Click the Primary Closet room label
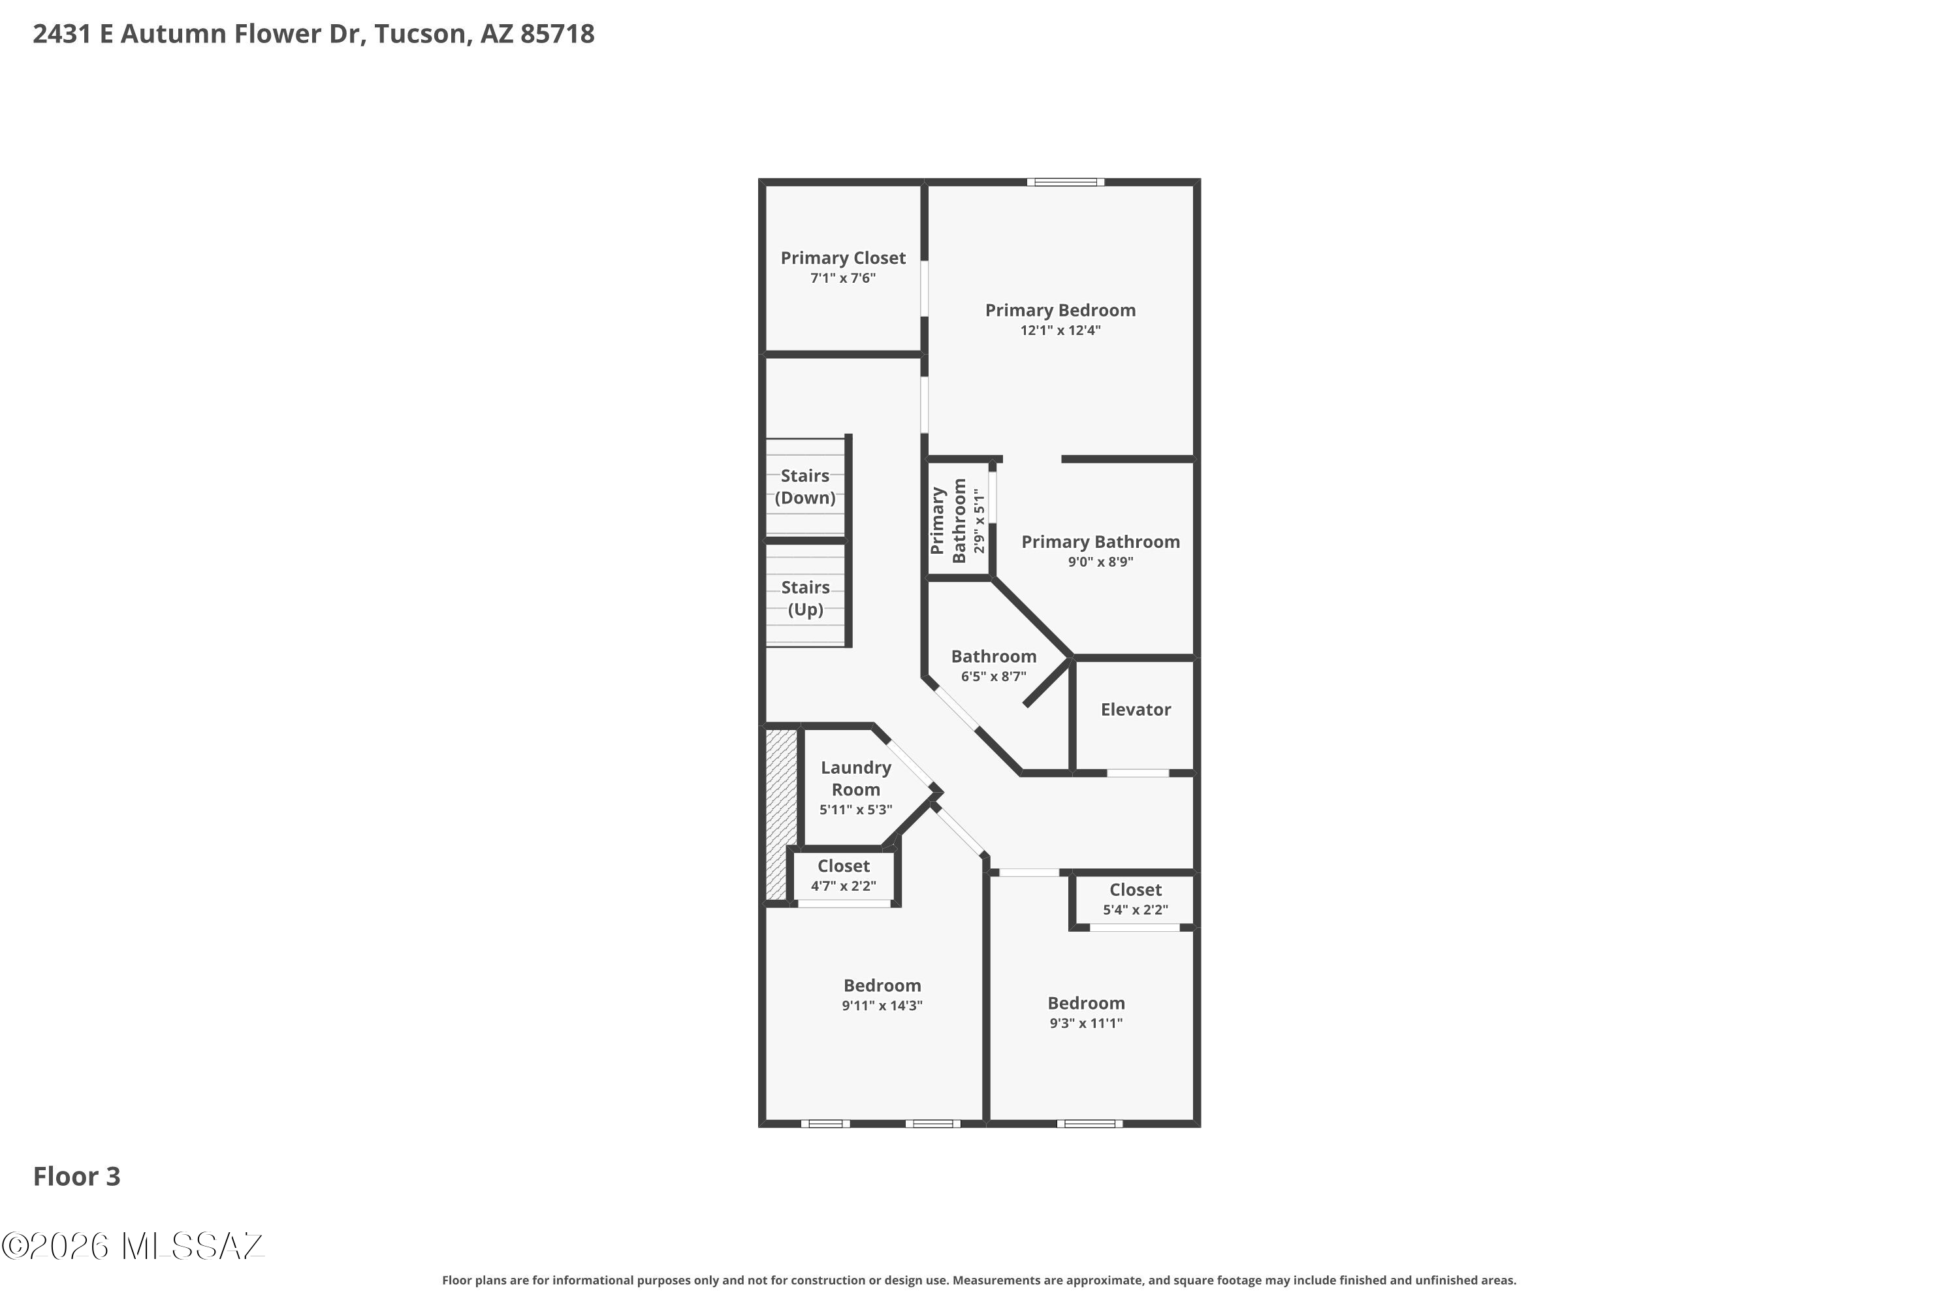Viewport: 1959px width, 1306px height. click(842, 258)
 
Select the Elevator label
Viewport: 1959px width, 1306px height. click(1136, 710)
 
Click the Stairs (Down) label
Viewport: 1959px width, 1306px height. click(804, 487)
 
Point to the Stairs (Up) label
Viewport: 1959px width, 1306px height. click(804, 599)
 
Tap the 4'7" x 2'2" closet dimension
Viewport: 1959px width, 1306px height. click(843, 886)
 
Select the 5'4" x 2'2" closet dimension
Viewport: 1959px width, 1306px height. click(1136, 910)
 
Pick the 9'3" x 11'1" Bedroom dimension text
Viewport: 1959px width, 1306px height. click(1085, 1024)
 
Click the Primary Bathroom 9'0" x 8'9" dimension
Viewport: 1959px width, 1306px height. click(1100, 562)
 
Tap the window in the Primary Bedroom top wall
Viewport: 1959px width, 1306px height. click(1065, 182)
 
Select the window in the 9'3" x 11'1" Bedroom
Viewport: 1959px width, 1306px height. click(1089, 1124)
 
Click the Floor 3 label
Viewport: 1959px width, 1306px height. click(76, 1177)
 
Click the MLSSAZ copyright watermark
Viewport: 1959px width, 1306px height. click(133, 1247)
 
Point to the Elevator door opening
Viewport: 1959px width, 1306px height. click(1138, 774)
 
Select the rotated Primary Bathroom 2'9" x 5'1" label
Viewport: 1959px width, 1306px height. click(959, 521)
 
